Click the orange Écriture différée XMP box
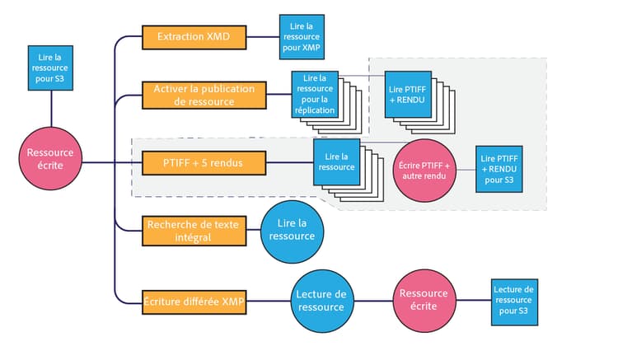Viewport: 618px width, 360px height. tap(193, 302)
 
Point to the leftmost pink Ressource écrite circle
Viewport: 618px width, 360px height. tap(50, 157)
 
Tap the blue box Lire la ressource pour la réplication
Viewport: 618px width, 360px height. tap(313, 92)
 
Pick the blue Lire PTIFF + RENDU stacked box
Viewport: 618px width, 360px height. tap(408, 92)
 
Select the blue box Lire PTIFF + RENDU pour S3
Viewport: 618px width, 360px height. tap(499, 169)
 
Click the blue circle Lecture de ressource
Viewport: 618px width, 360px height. tap(321, 301)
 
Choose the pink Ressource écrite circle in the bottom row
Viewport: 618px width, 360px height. tap(424, 300)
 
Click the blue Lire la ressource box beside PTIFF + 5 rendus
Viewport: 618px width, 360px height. tap(335, 161)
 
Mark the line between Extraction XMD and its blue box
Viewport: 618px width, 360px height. tap(261, 37)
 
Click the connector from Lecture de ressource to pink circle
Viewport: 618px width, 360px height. tap(372, 301)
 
